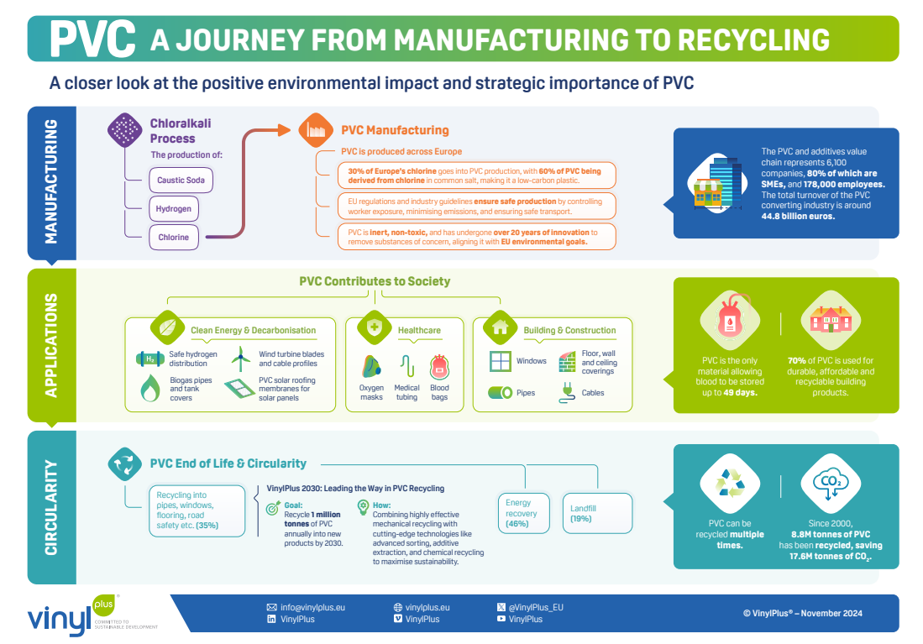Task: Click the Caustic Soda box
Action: point(181,180)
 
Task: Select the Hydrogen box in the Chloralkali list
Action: point(174,208)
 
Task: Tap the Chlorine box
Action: point(174,237)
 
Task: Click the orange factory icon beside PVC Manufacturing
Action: point(312,129)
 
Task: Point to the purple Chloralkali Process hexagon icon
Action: point(126,129)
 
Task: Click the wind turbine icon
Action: point(241,359)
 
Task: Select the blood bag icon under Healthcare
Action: point(439,367)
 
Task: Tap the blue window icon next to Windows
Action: point(501,361)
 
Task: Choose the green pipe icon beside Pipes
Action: point(501,392)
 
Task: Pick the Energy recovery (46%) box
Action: point(521,513)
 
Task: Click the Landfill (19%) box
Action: point(596,513)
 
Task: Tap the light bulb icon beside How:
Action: point(362,506)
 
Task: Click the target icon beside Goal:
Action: point(272,507)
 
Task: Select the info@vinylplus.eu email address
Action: point(312,606)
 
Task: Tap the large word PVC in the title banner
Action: point(92,38)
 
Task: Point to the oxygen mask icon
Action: point(370,367)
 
